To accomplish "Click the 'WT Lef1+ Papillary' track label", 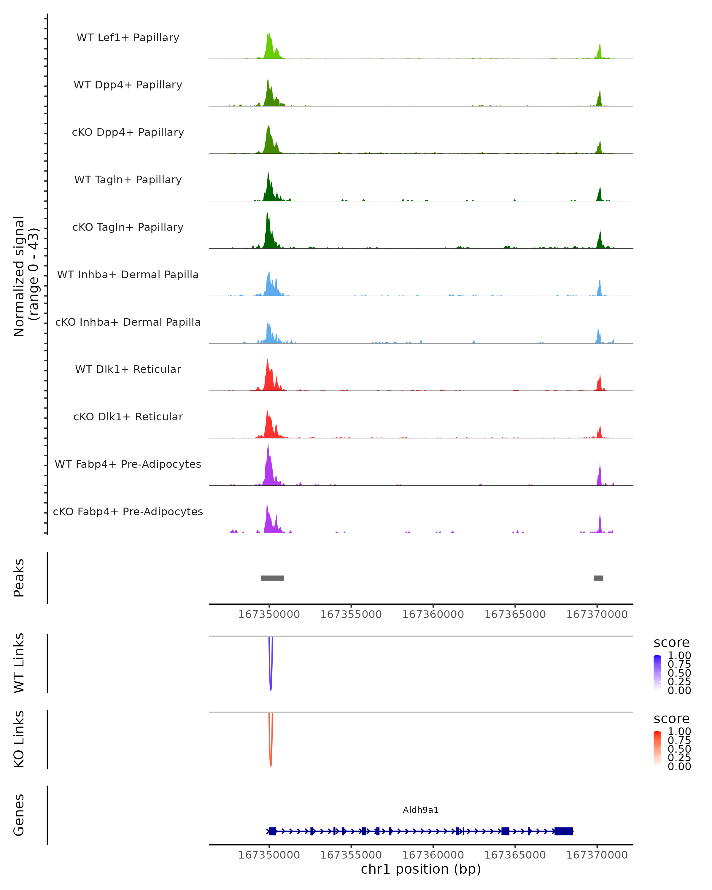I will pyautogui.click(x=128, y=38).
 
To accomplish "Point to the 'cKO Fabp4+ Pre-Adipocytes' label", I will pyautogui.click(x=128, y=511).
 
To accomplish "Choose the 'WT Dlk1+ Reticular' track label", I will pyautogui.click(x=128, y=369).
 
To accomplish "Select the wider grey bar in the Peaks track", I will pyautogui.click(x=272, y=578).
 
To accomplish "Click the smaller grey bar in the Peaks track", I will pyautogui.click(x=598, y=578).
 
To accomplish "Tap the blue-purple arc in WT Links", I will pyautogui.click(x=270, y=677).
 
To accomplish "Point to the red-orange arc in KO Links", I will pyautogui.click(x=270, y=753).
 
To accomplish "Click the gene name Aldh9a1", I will pyautogui.click(x=421, y=810).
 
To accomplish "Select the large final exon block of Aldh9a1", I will pyautogui.click(x=563, y=831).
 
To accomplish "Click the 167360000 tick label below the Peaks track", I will pyautogui.click(x=433, y=614).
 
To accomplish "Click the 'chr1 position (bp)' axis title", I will pyautogui.click(x=421, y=869).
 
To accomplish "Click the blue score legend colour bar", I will pyautogui.click(x=657, y=673).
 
